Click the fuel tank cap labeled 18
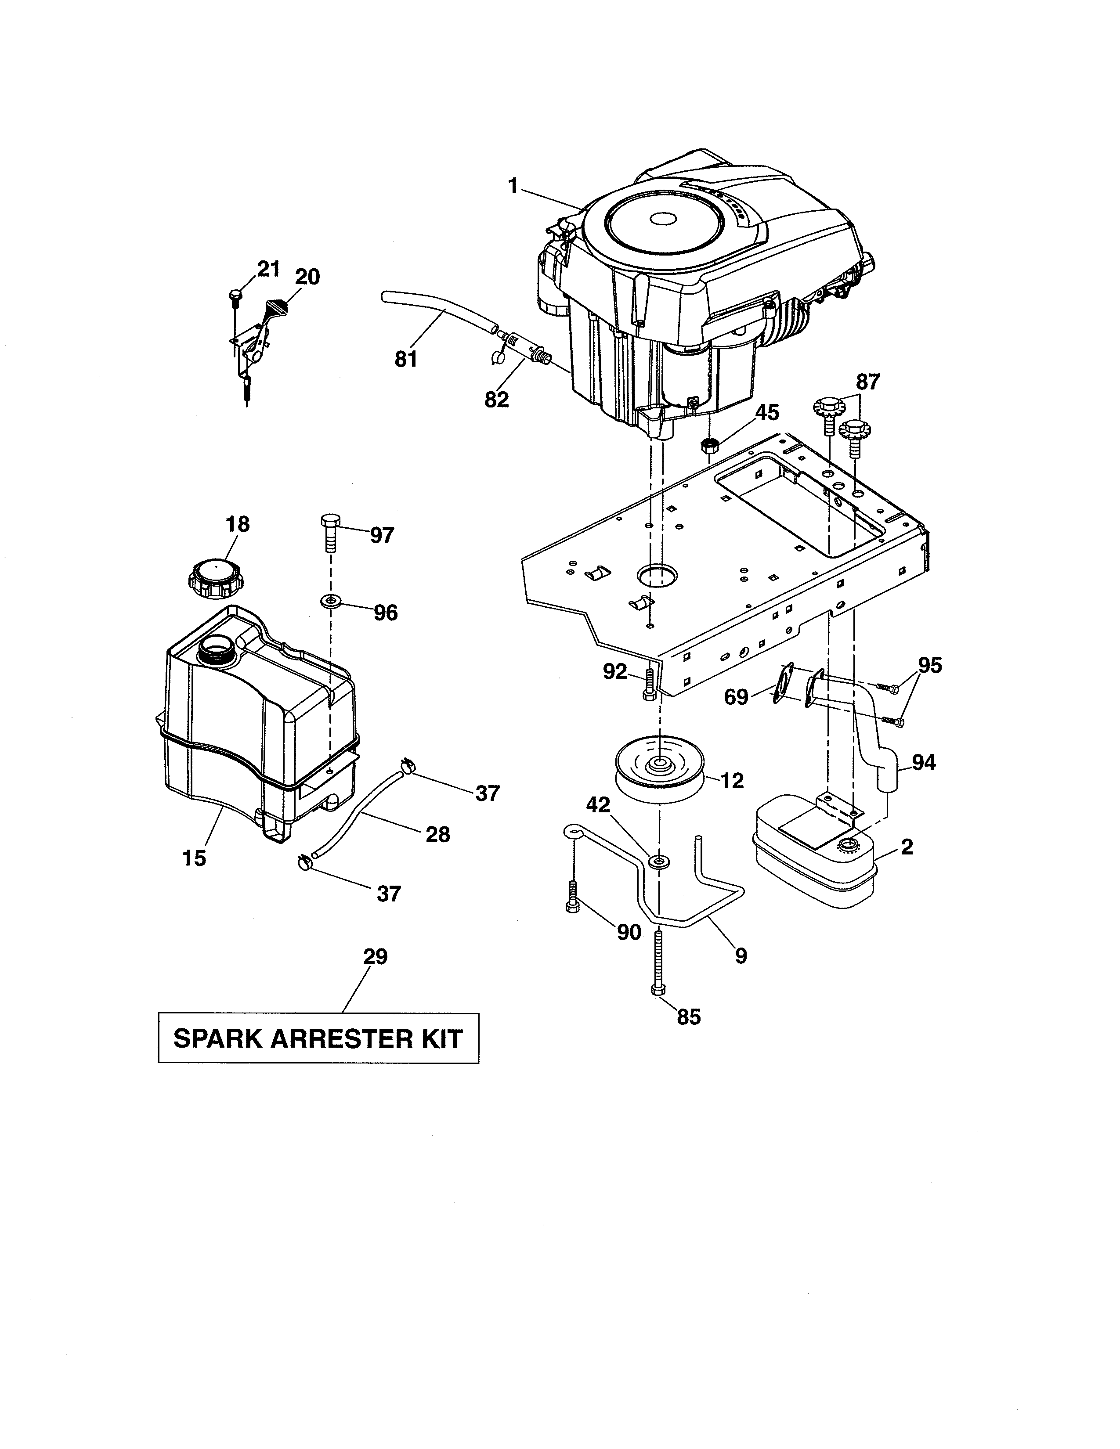click(216, 579)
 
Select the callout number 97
click(382, 535)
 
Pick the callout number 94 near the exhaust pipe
click(924, 763)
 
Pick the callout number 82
click(496, 400)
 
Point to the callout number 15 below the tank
click(195, 858)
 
